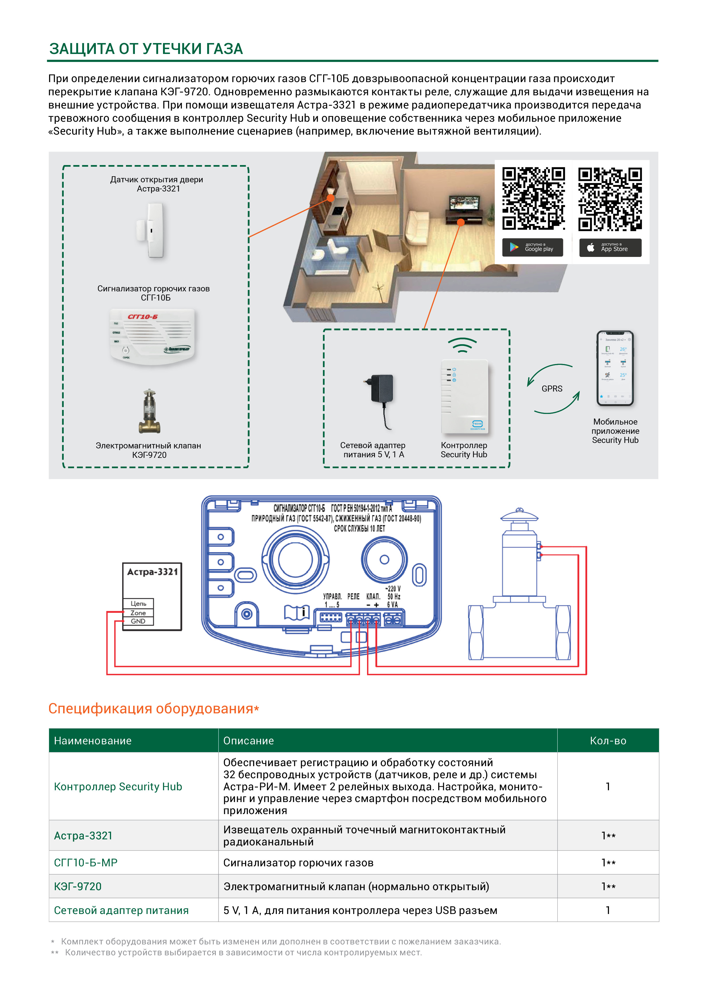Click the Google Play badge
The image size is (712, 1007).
click(532, 248)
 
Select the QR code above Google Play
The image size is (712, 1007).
click(533, 198)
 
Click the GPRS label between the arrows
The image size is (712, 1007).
click(552, 389)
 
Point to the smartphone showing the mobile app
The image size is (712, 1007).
click(615, 368)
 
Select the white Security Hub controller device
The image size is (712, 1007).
click(464, 397)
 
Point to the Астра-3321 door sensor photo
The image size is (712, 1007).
click(151, 230)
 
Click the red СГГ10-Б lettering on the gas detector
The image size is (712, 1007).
click(143, 317)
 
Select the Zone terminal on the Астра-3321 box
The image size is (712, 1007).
click(138, 613)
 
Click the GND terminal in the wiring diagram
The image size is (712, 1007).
click(138, 621)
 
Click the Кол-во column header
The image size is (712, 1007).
click(608, 741)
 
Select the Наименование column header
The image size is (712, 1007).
click(92, 741)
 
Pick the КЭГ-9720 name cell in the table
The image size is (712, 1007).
click(77, 886)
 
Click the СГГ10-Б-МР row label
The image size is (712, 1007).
click(86, 862)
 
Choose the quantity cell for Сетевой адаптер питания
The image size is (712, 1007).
click(608, 910)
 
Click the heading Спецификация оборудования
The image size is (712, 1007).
click(151, 709)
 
